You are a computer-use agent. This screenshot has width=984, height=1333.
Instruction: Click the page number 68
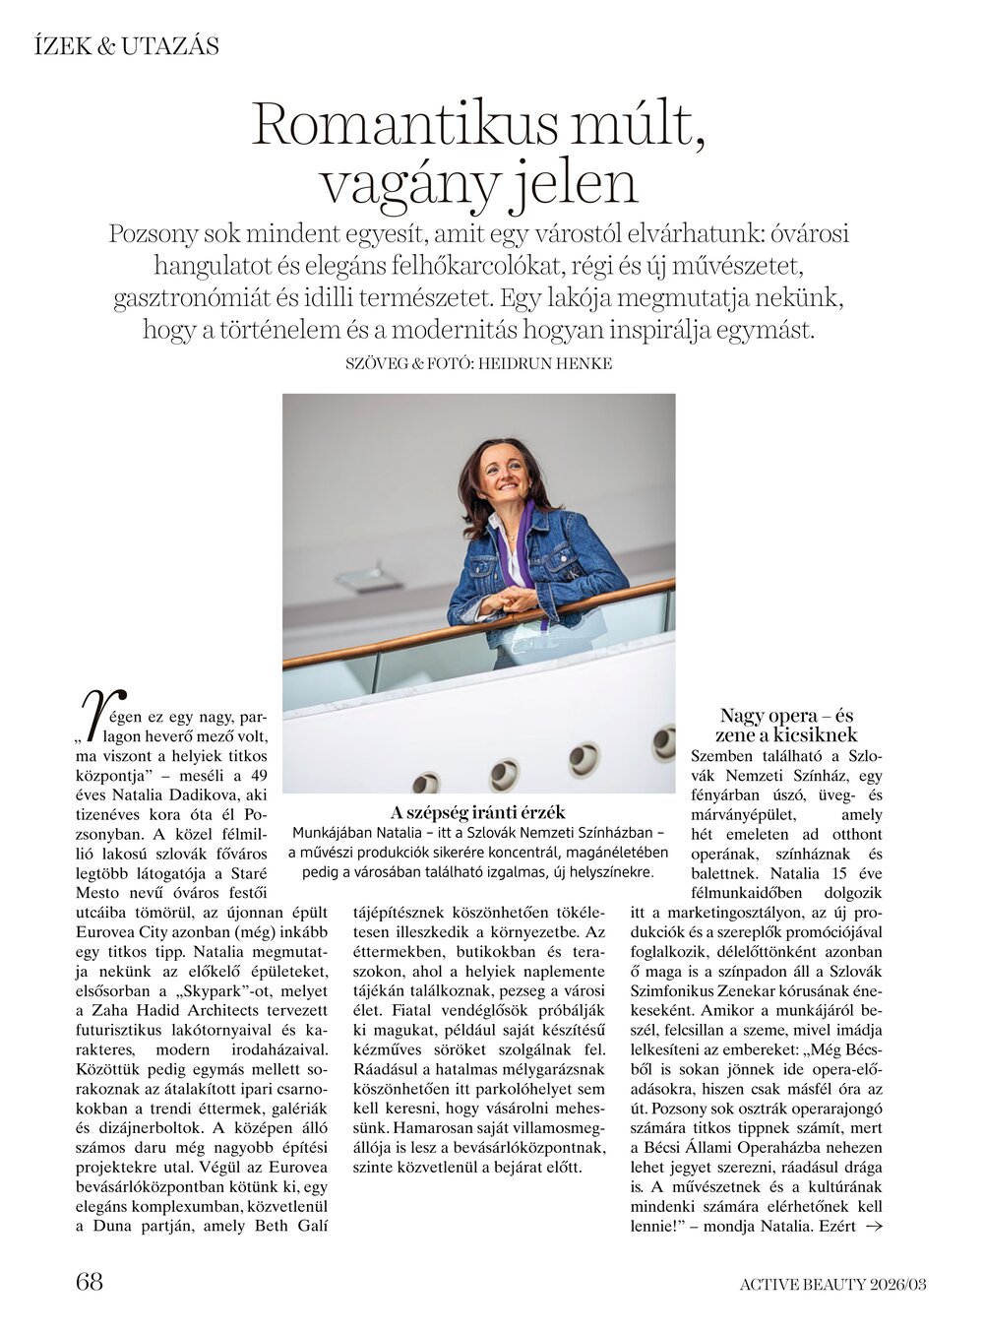pyautogui.click(x=90, y=1281)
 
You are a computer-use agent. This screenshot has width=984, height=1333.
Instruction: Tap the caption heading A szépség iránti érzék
pyautogui.click(x=478, y=812)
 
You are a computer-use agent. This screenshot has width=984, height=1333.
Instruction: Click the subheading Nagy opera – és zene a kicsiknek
pyautogui.click(x=787, y=726)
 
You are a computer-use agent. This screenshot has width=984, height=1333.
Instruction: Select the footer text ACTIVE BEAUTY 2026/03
pyautogui.click(x=833, y=1283)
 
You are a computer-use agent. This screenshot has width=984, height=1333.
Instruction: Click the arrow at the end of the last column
pyautogui.click(x=872, y=1227)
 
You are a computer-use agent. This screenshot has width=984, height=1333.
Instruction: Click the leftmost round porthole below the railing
pyautogui.click(x=425, y=785)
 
